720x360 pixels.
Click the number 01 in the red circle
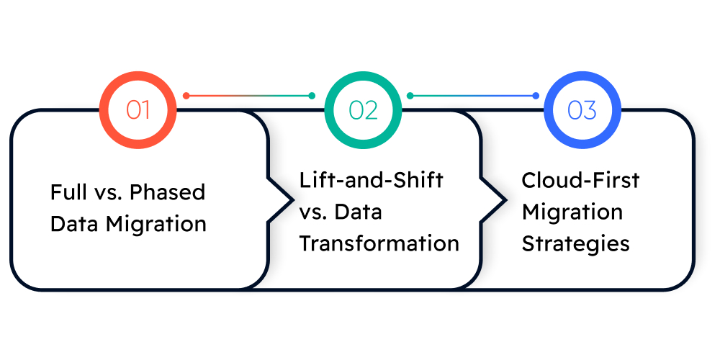click(138, 110)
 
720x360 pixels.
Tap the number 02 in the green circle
click(363, 110)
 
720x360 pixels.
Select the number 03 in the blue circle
click(582, 110)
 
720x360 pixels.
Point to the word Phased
click(169, 193)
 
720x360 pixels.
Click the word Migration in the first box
click(156, 224)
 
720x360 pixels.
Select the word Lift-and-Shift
click(371, 180)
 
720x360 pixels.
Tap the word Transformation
click(379, 243)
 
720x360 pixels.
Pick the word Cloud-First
click(580, 180)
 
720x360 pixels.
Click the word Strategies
click(575, 243)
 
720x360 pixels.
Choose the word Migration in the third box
click(572, 212)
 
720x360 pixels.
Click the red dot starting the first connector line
click(186, 95)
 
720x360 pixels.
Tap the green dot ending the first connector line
click(312, 95)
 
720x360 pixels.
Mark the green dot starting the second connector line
click(410, 95)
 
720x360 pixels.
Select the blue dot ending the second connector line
click(536, 95)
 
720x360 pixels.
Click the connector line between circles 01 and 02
click(249, 95)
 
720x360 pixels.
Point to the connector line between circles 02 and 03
click(472, 95)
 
